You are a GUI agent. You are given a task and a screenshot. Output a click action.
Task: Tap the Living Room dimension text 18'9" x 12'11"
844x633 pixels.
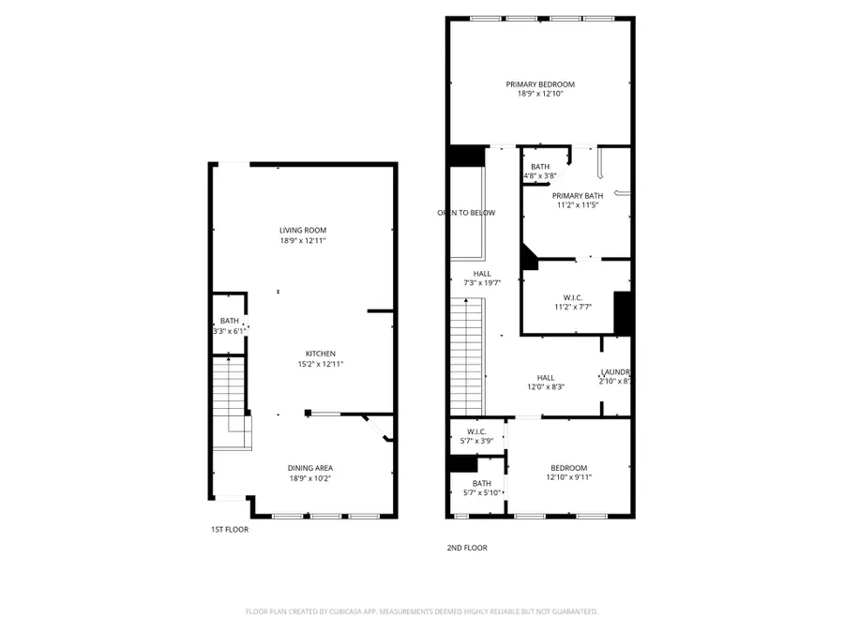click(302, 241)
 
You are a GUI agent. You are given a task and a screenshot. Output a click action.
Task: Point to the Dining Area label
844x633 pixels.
click(310, 468)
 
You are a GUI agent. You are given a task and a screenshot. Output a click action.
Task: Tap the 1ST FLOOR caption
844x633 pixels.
click(230, 530)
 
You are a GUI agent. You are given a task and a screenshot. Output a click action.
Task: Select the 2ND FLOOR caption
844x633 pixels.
click(468, 548)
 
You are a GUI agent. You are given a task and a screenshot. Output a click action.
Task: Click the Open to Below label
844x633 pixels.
click(466, 213)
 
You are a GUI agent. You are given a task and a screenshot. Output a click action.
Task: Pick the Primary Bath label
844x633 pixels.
click(577, 195)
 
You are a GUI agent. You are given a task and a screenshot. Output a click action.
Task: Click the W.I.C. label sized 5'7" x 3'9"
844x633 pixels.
click(476, 431)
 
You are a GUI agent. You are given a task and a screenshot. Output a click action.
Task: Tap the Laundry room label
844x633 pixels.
click(614, 372)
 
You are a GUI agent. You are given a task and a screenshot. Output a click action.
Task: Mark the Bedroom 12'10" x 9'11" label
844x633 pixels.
click(568, 468)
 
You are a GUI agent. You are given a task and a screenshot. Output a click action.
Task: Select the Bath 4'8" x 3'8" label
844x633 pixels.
click(540, 167)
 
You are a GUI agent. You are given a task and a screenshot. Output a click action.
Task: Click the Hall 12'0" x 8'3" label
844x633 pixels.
click(546, 378)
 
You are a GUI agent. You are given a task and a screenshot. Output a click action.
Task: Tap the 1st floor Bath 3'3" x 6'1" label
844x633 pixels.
click(230, 321)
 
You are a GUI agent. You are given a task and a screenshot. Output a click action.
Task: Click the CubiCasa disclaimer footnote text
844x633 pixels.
click(421, 611)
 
